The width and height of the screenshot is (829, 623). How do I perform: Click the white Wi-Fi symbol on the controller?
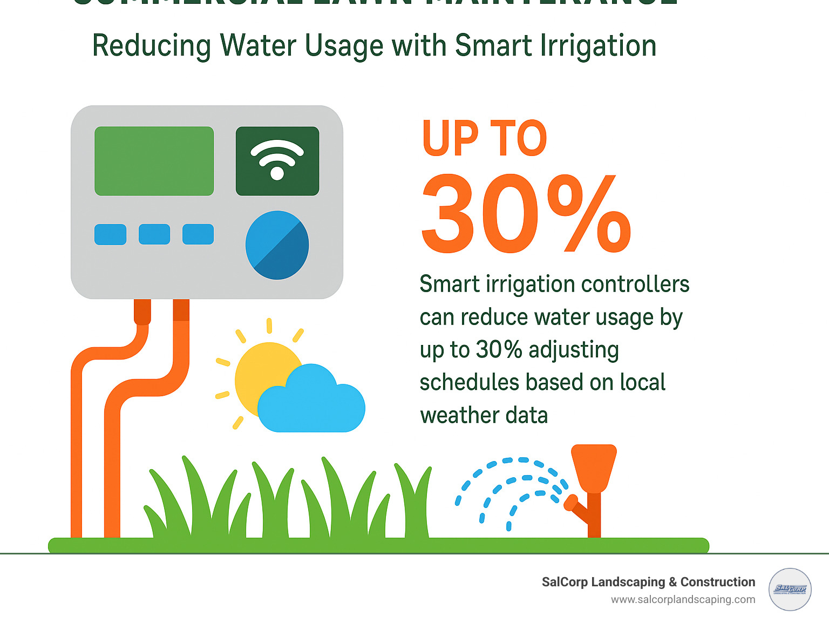pyautogui.click(x=277, y=159)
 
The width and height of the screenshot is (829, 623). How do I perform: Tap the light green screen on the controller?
pyautogui.click(x=154, y=161)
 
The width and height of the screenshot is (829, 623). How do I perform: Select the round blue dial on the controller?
pyautogui.click(x=277, y=245)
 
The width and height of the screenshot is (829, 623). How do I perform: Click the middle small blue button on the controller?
pyautogui.click(x=154, y=234)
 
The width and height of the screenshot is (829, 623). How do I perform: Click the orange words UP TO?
pyautogui.click(x=484, y=139)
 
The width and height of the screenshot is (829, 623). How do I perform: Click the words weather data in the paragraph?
pyautogui.click(x=484, y=416)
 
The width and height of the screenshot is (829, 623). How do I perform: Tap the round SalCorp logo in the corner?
pyautogui.click(x=790, y=590)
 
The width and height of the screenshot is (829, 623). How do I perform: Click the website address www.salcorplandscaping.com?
pyautogui.click(x=683, y=599)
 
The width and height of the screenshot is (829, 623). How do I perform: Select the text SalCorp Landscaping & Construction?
pyautogui.click(x=648, y=582)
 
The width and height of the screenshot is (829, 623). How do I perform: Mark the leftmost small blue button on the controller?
pyautogui.click(x=111, y=234)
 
